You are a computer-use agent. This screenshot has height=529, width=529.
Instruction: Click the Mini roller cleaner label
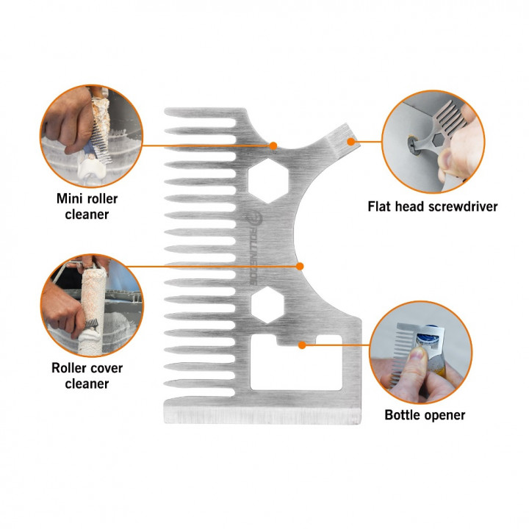tap(87, 206)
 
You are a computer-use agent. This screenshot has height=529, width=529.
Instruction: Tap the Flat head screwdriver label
tap(433, 206)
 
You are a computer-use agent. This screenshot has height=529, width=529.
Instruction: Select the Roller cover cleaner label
tap(87, 375)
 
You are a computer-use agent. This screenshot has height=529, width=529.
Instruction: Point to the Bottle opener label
tap(425, 414)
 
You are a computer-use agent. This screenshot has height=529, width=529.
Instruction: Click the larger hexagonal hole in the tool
tap(268, 181)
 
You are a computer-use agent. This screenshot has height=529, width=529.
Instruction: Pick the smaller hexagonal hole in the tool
tap(267, 305)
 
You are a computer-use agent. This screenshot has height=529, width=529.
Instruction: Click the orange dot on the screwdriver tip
tap(351, 142)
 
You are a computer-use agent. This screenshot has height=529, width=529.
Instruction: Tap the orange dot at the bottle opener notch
tap(302, 345)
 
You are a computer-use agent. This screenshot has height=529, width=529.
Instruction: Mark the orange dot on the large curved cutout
tap(300, 267)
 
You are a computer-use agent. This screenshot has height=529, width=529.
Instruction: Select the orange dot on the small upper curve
tap(273, 145)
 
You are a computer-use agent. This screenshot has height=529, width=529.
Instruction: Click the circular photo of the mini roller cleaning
tap(91, 136)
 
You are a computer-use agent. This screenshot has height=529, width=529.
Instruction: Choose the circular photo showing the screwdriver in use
tap(433, 142)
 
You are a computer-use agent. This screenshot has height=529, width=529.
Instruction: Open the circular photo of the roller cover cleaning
tap(92, 306)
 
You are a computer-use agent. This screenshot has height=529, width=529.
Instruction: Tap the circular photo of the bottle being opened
tap(421, 352)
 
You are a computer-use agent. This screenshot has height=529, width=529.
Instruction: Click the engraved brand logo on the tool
tap(254, 248)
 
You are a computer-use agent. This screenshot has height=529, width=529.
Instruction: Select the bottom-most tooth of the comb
tap(200, 384)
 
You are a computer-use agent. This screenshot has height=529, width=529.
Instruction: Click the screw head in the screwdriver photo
tap(414, 145)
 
